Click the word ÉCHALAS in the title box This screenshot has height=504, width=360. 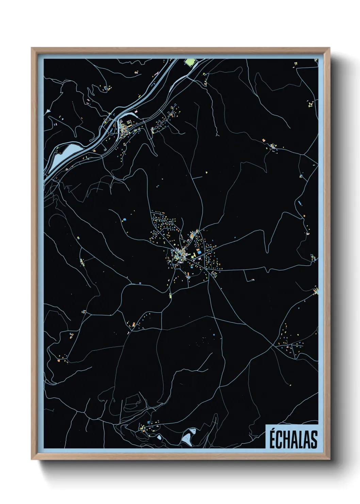pos(293,439)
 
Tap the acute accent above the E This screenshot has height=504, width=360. pos(273,430)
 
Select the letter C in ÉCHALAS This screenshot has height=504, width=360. pos(280,440)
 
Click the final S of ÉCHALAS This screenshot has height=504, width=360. pos(314,440)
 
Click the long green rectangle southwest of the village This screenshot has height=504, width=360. pos(170,295)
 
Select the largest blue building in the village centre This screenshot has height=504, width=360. pos(199,252)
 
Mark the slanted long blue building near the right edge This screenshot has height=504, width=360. pos(299,203)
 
